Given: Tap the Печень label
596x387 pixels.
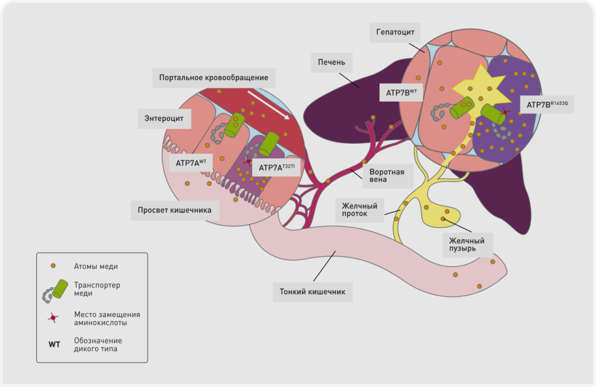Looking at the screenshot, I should pos(331,61).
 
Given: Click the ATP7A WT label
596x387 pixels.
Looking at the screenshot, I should pos(191,163).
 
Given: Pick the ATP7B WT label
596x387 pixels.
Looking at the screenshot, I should pos(402,92).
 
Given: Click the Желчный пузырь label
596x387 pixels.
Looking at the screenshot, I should pos(463,243).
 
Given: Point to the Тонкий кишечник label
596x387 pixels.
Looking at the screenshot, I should pos(313,292).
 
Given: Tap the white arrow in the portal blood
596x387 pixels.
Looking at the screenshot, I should pos(268,104).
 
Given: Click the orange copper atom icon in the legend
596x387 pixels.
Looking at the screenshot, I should pos(53,266).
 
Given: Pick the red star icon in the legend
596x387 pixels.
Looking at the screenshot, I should pos(53,318).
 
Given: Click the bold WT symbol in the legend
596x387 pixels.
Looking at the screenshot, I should pos(54,345).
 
